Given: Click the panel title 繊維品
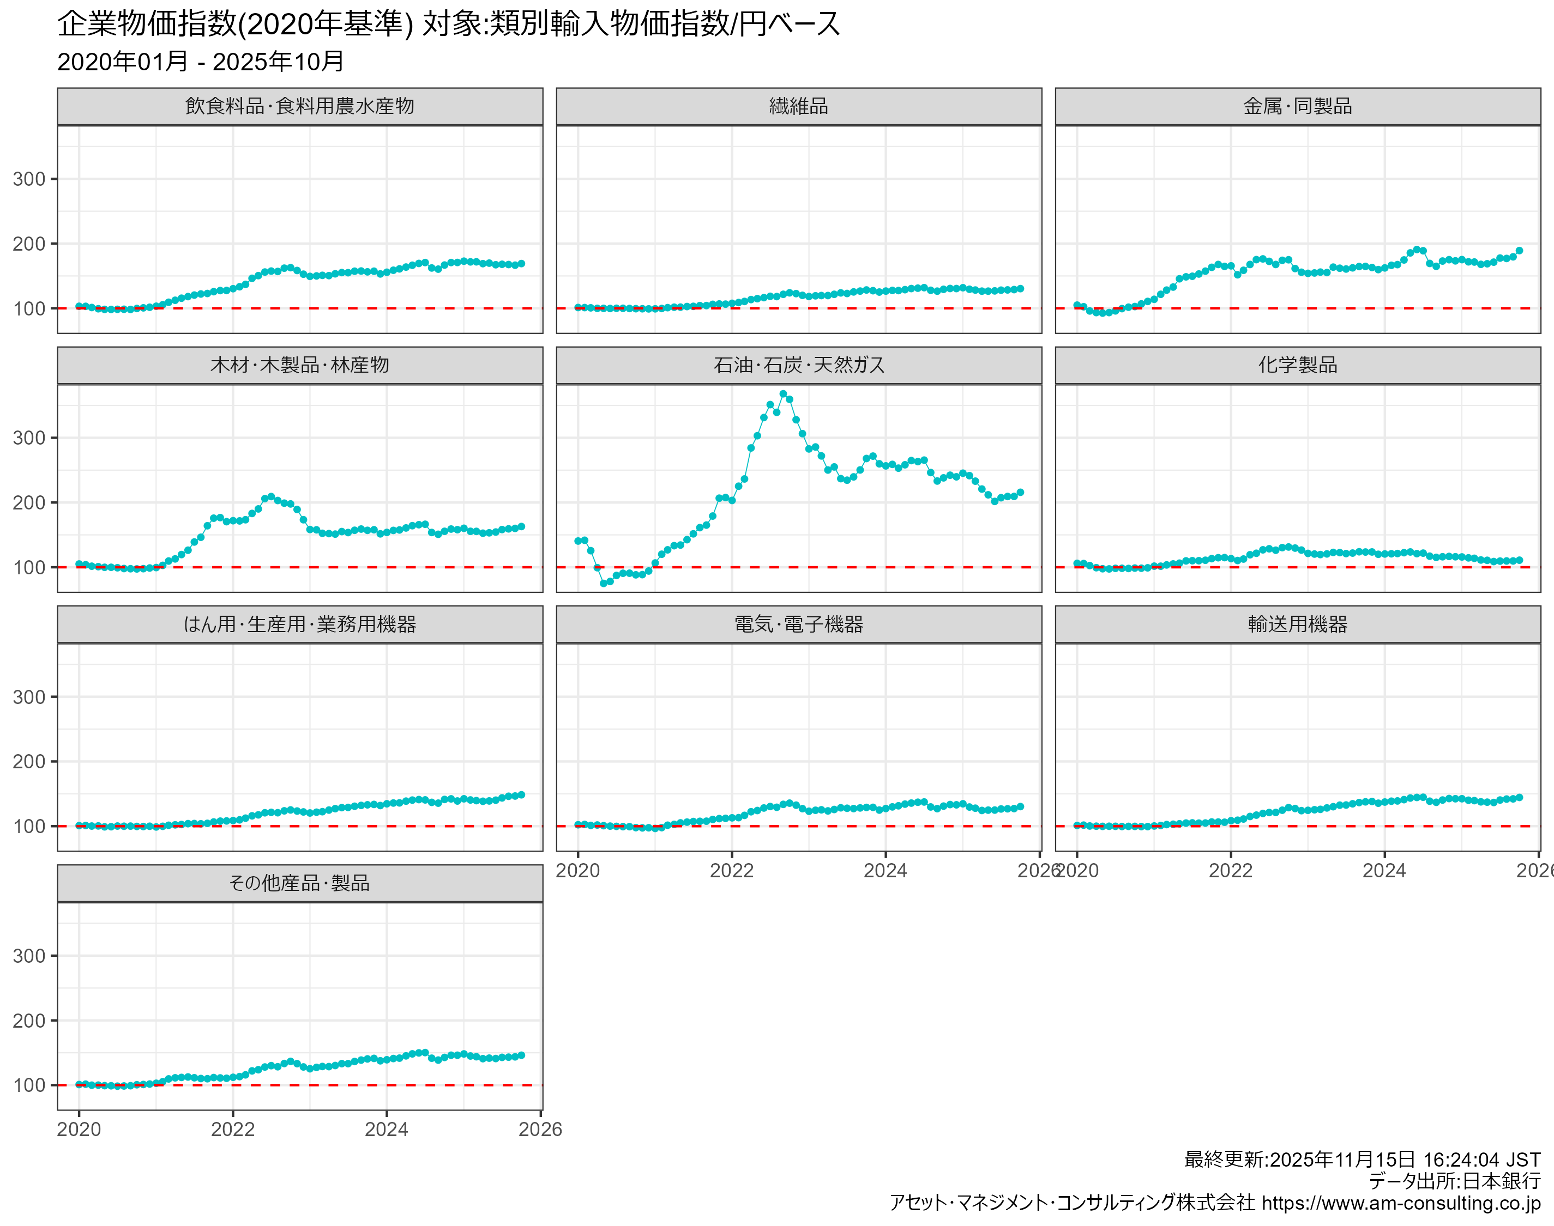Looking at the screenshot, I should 799,106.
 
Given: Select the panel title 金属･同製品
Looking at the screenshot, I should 1297,106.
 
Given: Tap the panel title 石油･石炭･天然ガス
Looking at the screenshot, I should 799,366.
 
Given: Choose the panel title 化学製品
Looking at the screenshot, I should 1297,366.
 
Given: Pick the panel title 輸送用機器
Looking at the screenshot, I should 1297,624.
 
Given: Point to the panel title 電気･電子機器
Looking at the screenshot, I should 799,624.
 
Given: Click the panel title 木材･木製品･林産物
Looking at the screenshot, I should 299,366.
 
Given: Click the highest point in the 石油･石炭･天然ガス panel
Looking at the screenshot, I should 783,394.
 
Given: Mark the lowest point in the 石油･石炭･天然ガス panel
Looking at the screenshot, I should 603,583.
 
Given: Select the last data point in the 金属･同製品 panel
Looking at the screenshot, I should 1519,251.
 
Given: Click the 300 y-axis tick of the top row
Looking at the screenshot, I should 29,179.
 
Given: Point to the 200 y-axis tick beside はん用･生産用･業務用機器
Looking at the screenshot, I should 29,762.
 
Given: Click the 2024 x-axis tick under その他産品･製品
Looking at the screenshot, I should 387,1129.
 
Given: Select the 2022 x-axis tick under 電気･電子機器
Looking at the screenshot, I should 732,871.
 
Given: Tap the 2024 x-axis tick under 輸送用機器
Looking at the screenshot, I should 1384,871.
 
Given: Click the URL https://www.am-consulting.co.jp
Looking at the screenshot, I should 1400,1203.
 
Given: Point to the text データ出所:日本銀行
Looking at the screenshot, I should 1454,1181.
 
